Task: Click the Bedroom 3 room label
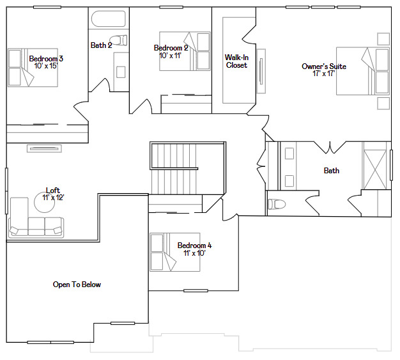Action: tap(46, 59)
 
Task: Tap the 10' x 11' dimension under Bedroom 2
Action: tap(171, 56)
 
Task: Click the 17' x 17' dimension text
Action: tap(323, 74)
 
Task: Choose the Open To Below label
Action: tap(77, 285)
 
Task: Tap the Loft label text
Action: tap(54, 190)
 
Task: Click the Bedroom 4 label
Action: tap(194, 246)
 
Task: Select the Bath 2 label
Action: tap(101, 45)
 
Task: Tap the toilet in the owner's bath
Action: tap(277, 205)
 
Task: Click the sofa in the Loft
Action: tap(36, 226)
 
